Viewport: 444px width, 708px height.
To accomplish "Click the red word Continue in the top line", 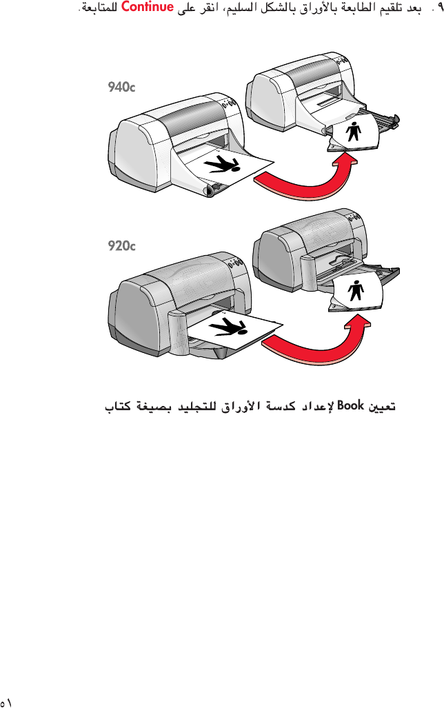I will (x=146, y=9).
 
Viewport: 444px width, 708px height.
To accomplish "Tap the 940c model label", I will (x=121, y=87).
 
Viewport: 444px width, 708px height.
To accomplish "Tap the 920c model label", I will (x=121, y=245).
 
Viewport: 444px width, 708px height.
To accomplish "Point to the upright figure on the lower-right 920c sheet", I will (x=356, y=290).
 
